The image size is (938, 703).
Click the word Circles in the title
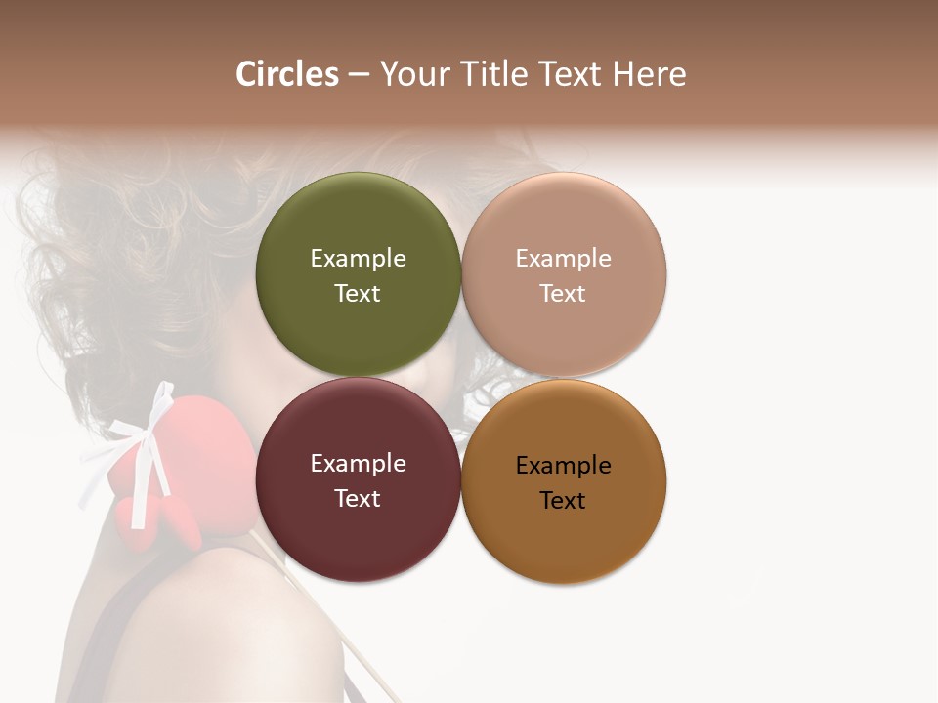(x=287, y=74)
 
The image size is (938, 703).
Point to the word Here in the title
(x=649, y=74)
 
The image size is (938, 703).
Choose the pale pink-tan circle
(x=564, y=225)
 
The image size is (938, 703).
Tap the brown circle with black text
(x=564, y=537)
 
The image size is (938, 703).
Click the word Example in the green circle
(x=358, y=259)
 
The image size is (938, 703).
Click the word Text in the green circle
(x=358, y=294)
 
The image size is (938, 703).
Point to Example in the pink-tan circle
(x=564, y=259)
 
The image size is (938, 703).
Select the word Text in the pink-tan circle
(x=564, y=294)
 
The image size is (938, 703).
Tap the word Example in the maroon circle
(x=358, y=464)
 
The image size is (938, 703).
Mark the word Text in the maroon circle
(x=358, y=499)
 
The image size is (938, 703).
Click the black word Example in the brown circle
(x=564, y=466)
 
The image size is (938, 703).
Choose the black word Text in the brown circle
(x=564, y=501)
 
